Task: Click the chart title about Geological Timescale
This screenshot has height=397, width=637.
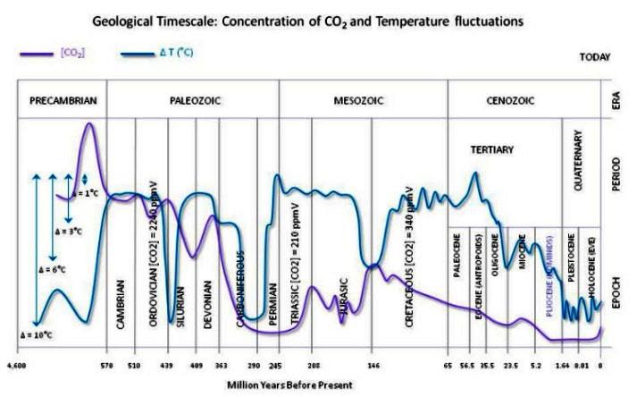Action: pos(317,18)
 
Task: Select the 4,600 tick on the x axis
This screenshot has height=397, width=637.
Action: pos(17,365)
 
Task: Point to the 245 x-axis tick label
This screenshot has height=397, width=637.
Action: pos(275,365)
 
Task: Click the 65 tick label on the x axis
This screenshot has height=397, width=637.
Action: pos(448,365)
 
